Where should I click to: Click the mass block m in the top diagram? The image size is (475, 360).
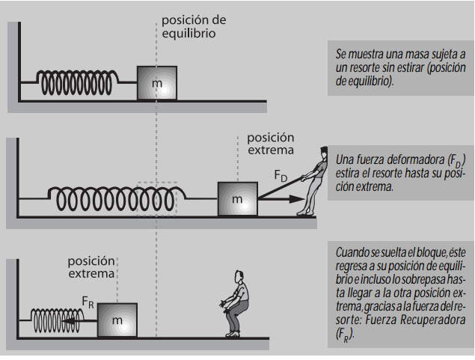pos(157,83)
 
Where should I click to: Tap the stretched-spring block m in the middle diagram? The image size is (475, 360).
pos(237,200)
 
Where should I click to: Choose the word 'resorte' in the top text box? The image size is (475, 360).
pos(361,68)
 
